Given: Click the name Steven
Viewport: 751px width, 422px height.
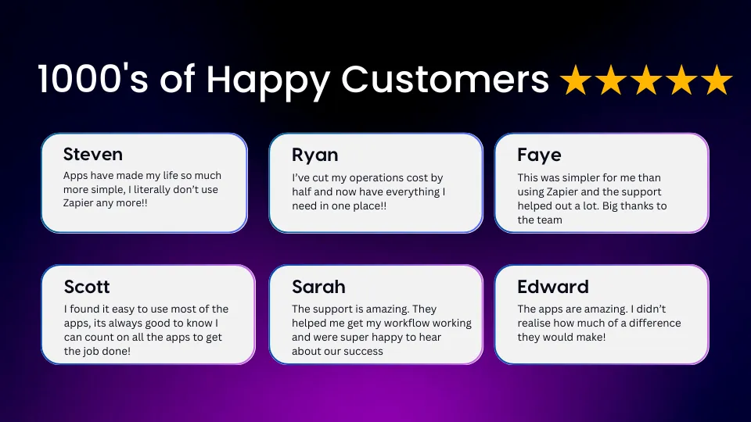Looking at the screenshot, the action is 93,154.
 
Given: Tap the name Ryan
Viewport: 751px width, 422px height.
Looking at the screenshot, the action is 315,156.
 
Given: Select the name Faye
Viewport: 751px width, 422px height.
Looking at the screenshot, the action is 539,156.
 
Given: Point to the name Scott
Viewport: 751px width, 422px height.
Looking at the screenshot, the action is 87,287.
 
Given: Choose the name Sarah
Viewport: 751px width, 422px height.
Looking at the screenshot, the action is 318,287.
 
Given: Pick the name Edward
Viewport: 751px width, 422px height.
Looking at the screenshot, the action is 553,287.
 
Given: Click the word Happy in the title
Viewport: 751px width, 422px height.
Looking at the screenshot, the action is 268,80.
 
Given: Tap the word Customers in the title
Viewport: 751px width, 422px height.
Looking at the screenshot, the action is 445,79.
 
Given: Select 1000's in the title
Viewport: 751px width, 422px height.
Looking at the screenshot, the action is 93,78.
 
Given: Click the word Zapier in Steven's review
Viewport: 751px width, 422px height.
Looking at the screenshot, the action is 78,203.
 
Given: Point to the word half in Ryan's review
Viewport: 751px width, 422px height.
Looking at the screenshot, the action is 302,192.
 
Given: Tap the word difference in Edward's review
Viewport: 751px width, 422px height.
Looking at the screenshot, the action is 655,323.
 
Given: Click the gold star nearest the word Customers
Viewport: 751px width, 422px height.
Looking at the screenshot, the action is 576,80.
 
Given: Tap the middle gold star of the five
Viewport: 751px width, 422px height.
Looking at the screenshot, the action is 646,80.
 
